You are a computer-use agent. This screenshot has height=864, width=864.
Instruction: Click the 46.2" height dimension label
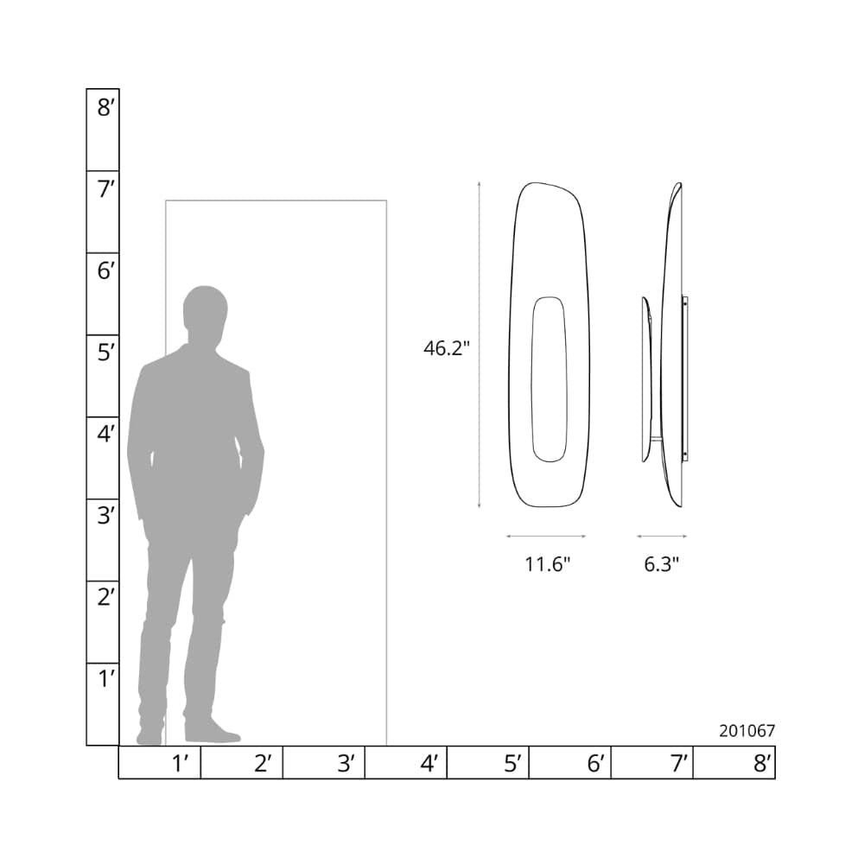[447, 348]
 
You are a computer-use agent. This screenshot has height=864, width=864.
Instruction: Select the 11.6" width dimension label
[547, 564]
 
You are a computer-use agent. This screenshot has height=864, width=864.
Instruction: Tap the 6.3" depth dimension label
[661, 564]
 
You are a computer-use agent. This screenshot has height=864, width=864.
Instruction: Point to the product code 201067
[746, 731]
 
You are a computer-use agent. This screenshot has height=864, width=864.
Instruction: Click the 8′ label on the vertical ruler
[105, 107]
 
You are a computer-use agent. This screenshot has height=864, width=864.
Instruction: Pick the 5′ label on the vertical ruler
[105, 353]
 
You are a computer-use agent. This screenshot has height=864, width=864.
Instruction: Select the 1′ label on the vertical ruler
[106, 679]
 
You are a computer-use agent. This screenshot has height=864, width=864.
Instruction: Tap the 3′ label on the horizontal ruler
[346, 763]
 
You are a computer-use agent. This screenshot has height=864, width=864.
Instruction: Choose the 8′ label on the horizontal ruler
[762, 763]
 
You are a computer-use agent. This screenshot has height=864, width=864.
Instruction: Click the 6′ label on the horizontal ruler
[595, 763]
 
